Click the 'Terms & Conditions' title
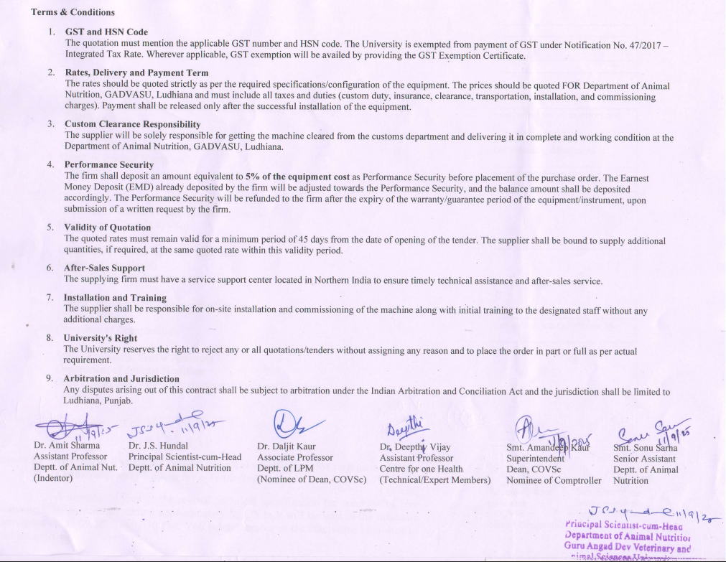(x=73, y=12)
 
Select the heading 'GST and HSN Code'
(x=106, y=32)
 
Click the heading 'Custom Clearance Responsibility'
(x=132, y=124)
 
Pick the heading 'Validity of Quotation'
(x=107, y=228)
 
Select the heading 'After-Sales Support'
(x=104, y=268)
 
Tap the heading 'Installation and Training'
(x=115, y=298)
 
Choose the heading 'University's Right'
(x=100, y=338)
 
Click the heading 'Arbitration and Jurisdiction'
(x=121, y=378)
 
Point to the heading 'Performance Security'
(x=109, y=164)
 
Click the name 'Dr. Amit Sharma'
(x=67, y=446)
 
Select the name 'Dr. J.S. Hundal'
(x=160, y=446)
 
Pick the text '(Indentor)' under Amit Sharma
(x=53, y=479)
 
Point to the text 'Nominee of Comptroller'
(x=554, y=480)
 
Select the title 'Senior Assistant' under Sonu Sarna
(x=644, y=459)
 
